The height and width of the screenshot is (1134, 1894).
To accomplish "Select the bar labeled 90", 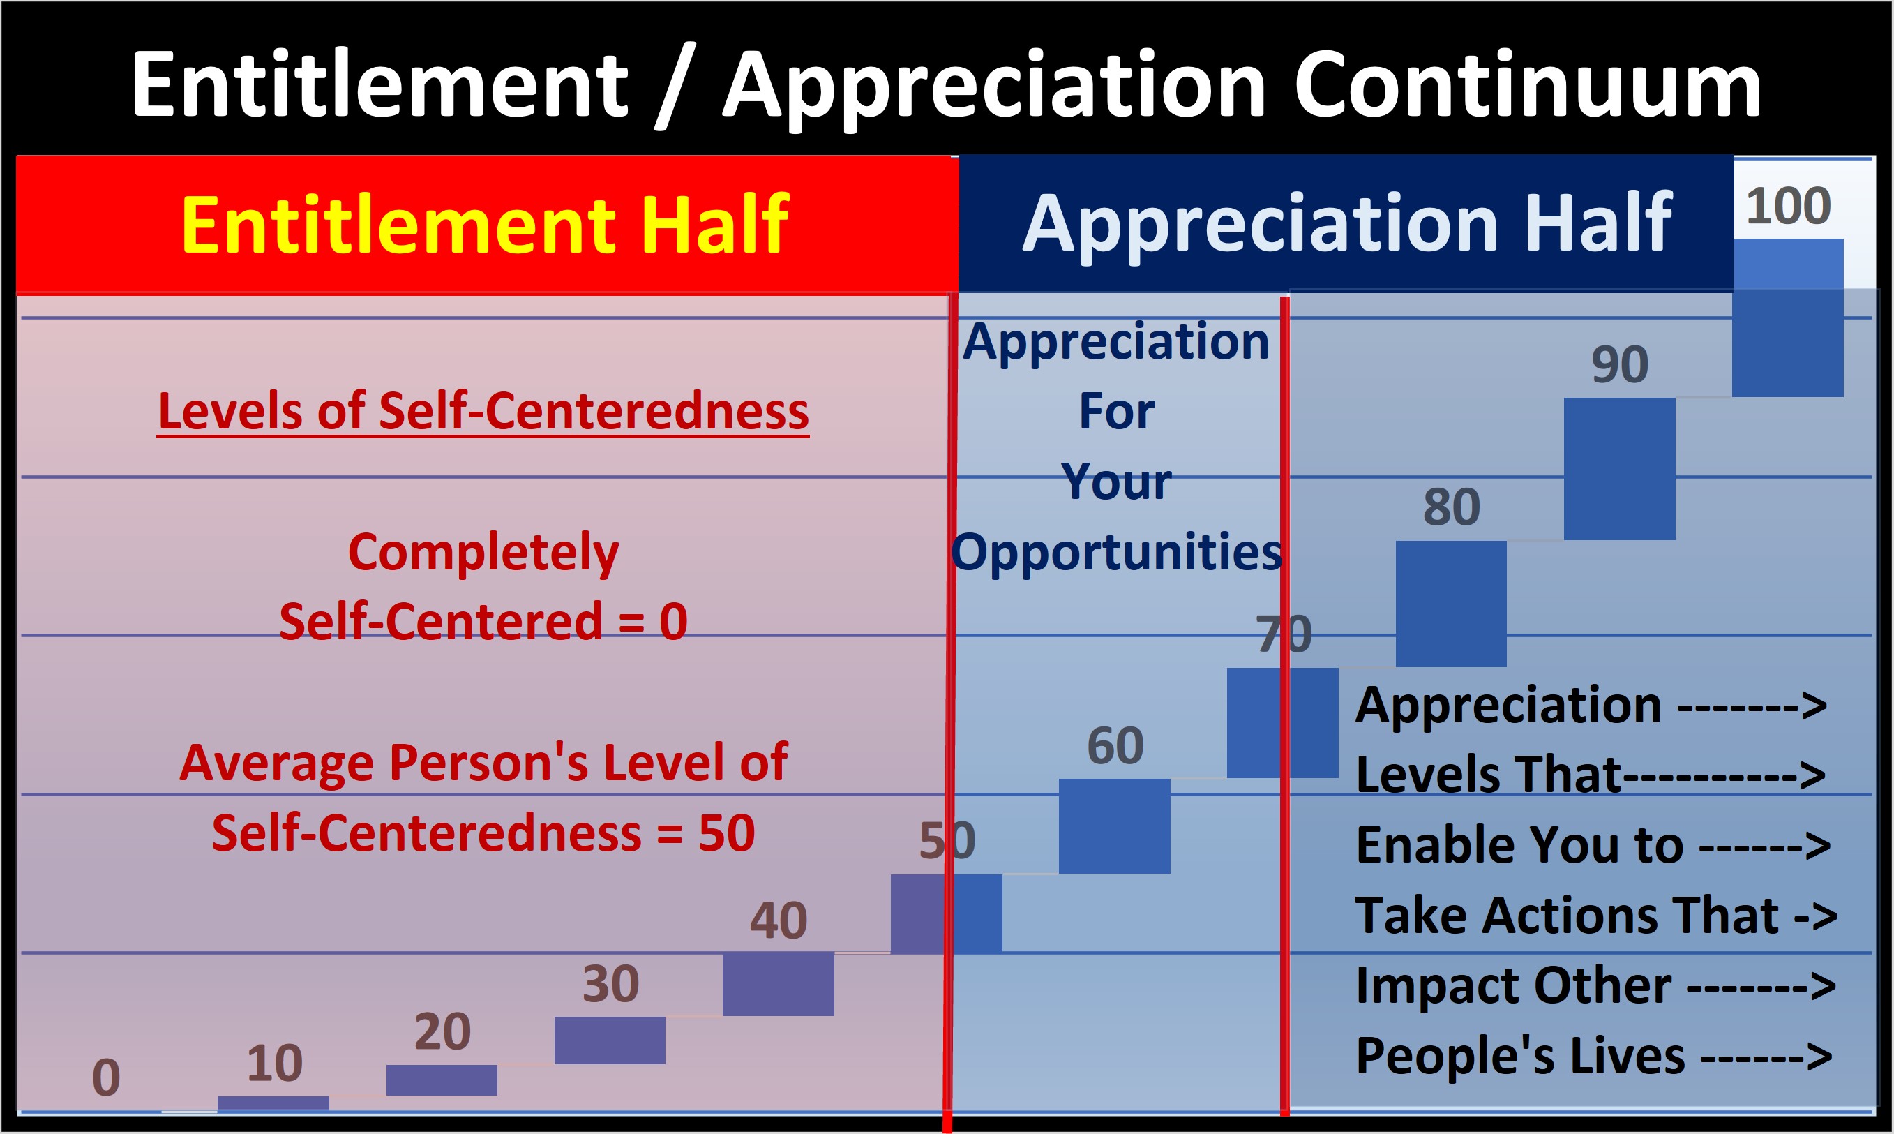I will click(1619, 468).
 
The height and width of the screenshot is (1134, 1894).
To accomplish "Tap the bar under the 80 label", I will click(1451, 604).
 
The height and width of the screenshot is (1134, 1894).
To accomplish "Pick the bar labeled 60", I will click(1114, 826).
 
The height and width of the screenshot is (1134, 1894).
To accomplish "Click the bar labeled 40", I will click(779, 983).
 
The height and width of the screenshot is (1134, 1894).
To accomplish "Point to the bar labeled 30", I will click(610, 1040).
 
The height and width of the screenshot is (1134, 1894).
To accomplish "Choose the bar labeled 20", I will click(442, 1080).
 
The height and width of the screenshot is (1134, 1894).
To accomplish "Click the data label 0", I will click(106, 1078).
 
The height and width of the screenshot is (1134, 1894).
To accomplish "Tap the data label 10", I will click(274, 1063).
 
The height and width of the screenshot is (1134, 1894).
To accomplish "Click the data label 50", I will click(947, 841).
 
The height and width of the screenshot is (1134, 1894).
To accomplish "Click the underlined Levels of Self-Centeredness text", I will click(483, 411).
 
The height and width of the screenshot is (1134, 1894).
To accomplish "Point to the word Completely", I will click(483, 552).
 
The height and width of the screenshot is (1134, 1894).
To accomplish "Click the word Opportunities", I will click(1115, 552).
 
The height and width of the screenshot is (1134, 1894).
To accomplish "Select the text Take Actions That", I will click(1565, 916).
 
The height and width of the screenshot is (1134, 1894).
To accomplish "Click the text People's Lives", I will click(1520, 1056).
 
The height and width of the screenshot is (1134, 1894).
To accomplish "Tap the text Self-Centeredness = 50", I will click(483, 833).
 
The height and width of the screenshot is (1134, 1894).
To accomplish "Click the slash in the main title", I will click(672, 86).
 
